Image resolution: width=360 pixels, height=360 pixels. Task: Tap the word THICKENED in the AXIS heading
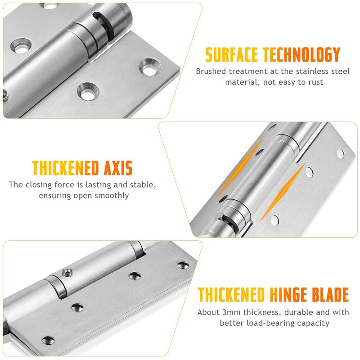click(65, 169)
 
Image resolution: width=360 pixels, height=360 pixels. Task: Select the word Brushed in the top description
click(211, 71)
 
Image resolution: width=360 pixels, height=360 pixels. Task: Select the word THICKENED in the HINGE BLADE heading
click(231, 295)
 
